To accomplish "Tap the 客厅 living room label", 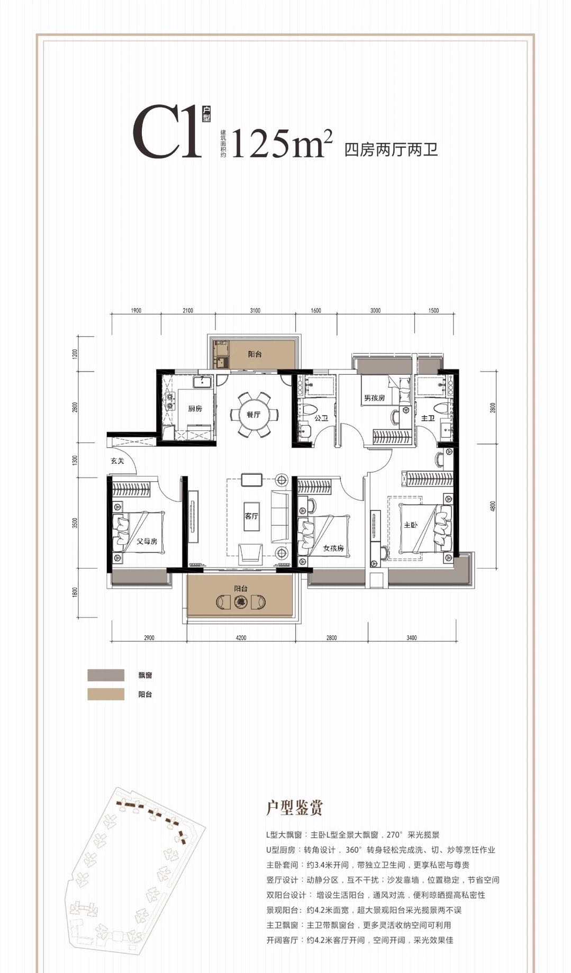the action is pyautogui.click(x=251, y=516).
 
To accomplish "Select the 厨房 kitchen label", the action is pyautogui.click(x=195, y=409).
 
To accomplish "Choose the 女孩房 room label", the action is pyautogui.click(x=334, y=548).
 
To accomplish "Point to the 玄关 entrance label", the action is pyautogui.click(x=117, y=461).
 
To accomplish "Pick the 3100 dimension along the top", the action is pyautogui.click(x=255, y=311).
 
